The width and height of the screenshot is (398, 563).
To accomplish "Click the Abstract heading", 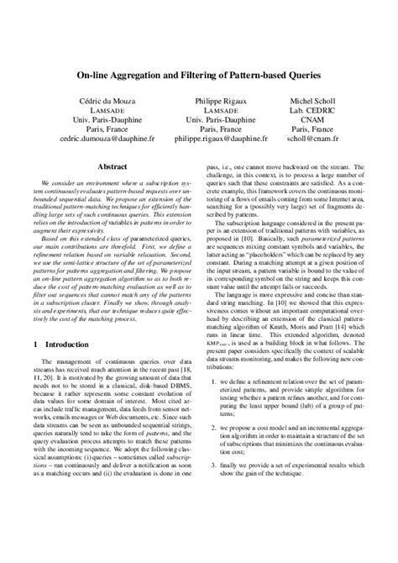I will (112, 167).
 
